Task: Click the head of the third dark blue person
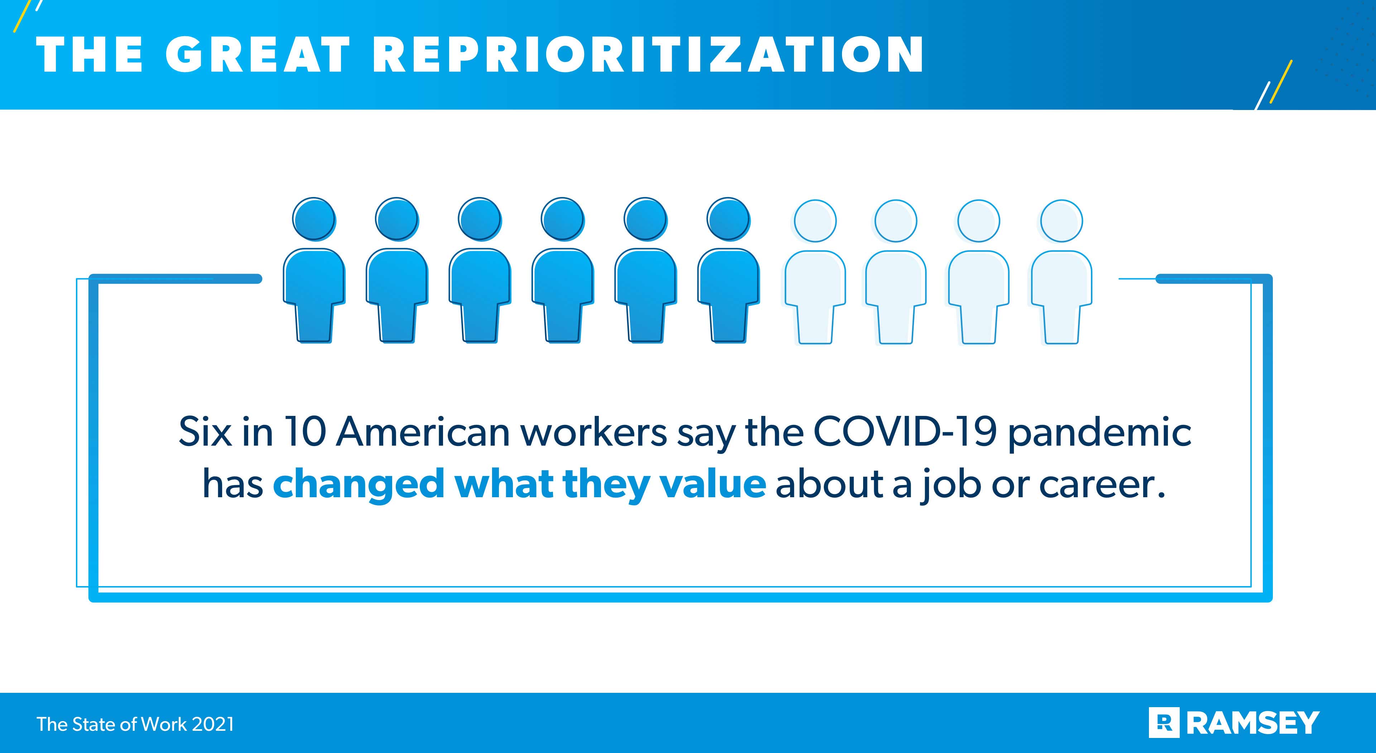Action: point(480,219)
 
